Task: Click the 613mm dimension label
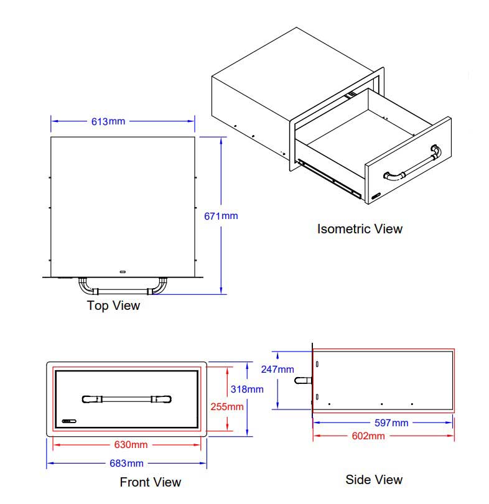[x=108, y=121]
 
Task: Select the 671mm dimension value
[x=221, y=216]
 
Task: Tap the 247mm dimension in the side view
[x=277, y=369]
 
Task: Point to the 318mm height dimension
[x=247, y=389]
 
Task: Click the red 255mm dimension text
[x=226, y=407]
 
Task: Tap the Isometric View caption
[x=360, y=228]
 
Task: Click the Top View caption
[x=113, y=306]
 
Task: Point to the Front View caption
[x=150, y=482]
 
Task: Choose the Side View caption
[x=374, y=479]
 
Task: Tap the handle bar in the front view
[x=126, y=398]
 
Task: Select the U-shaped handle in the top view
[x=122, y=289]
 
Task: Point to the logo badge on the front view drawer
[x=68, y=421]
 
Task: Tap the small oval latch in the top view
[x=123, y=271]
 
